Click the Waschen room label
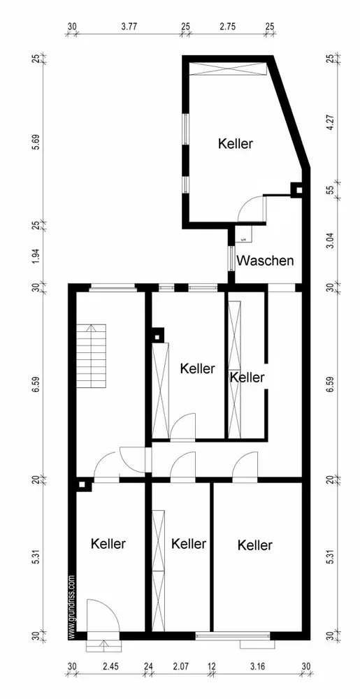click(265, 260)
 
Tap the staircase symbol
click(92, 356)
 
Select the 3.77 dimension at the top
click(129, 26)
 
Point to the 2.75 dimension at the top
click(228, 26)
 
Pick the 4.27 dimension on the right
click(330, 122)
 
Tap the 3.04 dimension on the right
click(330, 240)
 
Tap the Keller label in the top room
click(236, 144)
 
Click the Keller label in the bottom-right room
click(255, 545)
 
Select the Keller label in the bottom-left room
click(108, 544)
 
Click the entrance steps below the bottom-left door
click(103, 645)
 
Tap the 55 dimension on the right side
click(330, 189)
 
